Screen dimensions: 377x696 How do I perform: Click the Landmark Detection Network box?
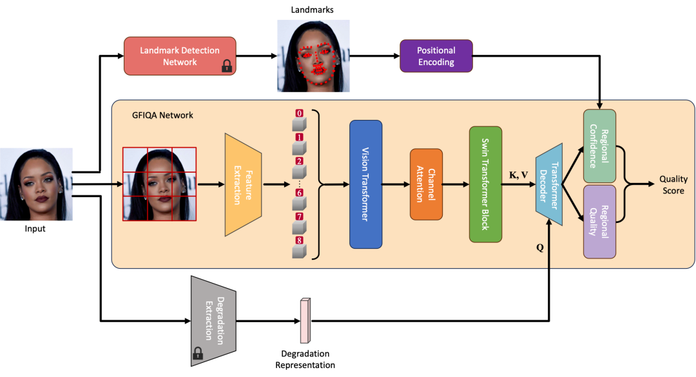(180, 56)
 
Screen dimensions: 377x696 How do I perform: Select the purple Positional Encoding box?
(436, 56)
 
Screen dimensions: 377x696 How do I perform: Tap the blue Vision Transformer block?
(365, 184)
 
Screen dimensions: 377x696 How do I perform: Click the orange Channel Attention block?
(426, 184)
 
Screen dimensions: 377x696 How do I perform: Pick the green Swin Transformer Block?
(485, 184)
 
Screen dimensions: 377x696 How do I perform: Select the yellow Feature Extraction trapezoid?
(242, 184)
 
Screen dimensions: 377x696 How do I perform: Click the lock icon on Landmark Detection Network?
(226, 66)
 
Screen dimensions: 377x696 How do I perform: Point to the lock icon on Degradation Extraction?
(198, 353)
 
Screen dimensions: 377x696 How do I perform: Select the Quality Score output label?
(675, 185)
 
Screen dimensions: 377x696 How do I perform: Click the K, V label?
(518, 174)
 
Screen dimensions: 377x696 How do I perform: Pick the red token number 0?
(299, 113)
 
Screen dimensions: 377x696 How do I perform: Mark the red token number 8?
(299, 240)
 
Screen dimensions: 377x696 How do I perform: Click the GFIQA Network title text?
(153, 115)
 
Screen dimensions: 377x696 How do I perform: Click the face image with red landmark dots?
(313, 55)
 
